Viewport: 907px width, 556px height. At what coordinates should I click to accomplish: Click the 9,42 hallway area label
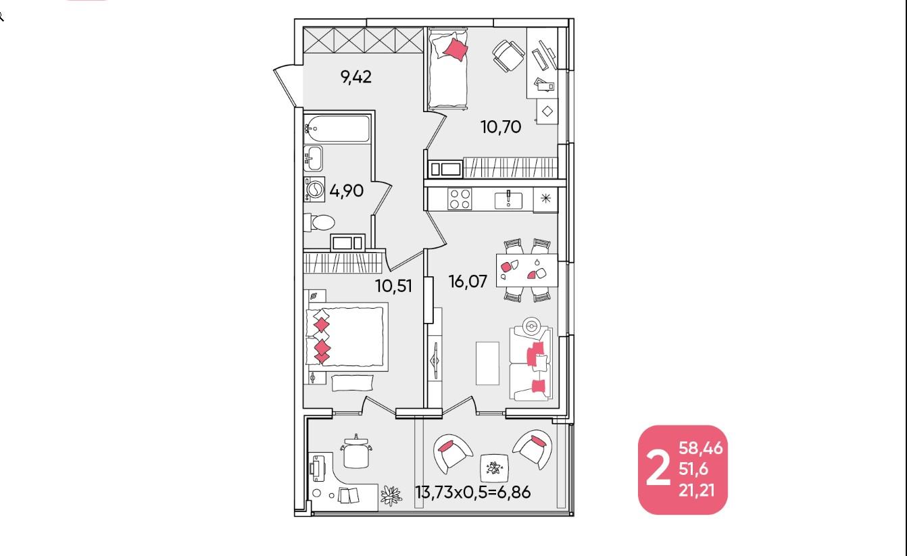click(x=356, y=76)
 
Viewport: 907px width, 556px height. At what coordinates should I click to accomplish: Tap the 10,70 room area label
click(x=501, y=126)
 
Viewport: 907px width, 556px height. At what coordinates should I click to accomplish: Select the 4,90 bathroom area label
click(x=346, y=191)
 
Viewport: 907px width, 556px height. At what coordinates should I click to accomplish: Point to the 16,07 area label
click(x=468, y=281)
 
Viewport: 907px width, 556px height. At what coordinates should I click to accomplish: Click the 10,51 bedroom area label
click(x=393, y=286)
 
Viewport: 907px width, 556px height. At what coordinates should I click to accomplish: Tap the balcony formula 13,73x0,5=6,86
click(x=473, y=492)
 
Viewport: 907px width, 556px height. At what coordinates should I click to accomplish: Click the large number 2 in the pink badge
click(x=658, y=469)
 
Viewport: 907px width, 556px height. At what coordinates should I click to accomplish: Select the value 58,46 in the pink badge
click(x=700, y=448)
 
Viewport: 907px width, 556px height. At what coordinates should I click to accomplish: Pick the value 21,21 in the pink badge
click(x=696, y=490)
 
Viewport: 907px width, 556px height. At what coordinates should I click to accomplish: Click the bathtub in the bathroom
click(x=337, y=128)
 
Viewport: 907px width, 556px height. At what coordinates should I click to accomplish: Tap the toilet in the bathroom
click(x=320, y=222)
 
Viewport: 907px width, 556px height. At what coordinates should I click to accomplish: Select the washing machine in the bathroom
click(x=314, y=189)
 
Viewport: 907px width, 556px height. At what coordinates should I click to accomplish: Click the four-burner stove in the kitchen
click(x=460, y=199)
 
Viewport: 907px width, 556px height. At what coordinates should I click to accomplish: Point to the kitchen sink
click(x=508, y=199)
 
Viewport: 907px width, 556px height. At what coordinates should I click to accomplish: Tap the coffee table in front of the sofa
click(x=487, y=363)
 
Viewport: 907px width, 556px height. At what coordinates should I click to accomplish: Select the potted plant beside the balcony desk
click(x=391, y=495)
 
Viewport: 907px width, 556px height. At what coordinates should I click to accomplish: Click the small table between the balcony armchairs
click(x=495, y=468)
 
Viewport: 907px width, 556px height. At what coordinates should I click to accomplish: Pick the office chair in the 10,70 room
click(x=508, y=56)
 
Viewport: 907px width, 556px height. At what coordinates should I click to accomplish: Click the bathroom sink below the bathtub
click(x=313, y=158)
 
